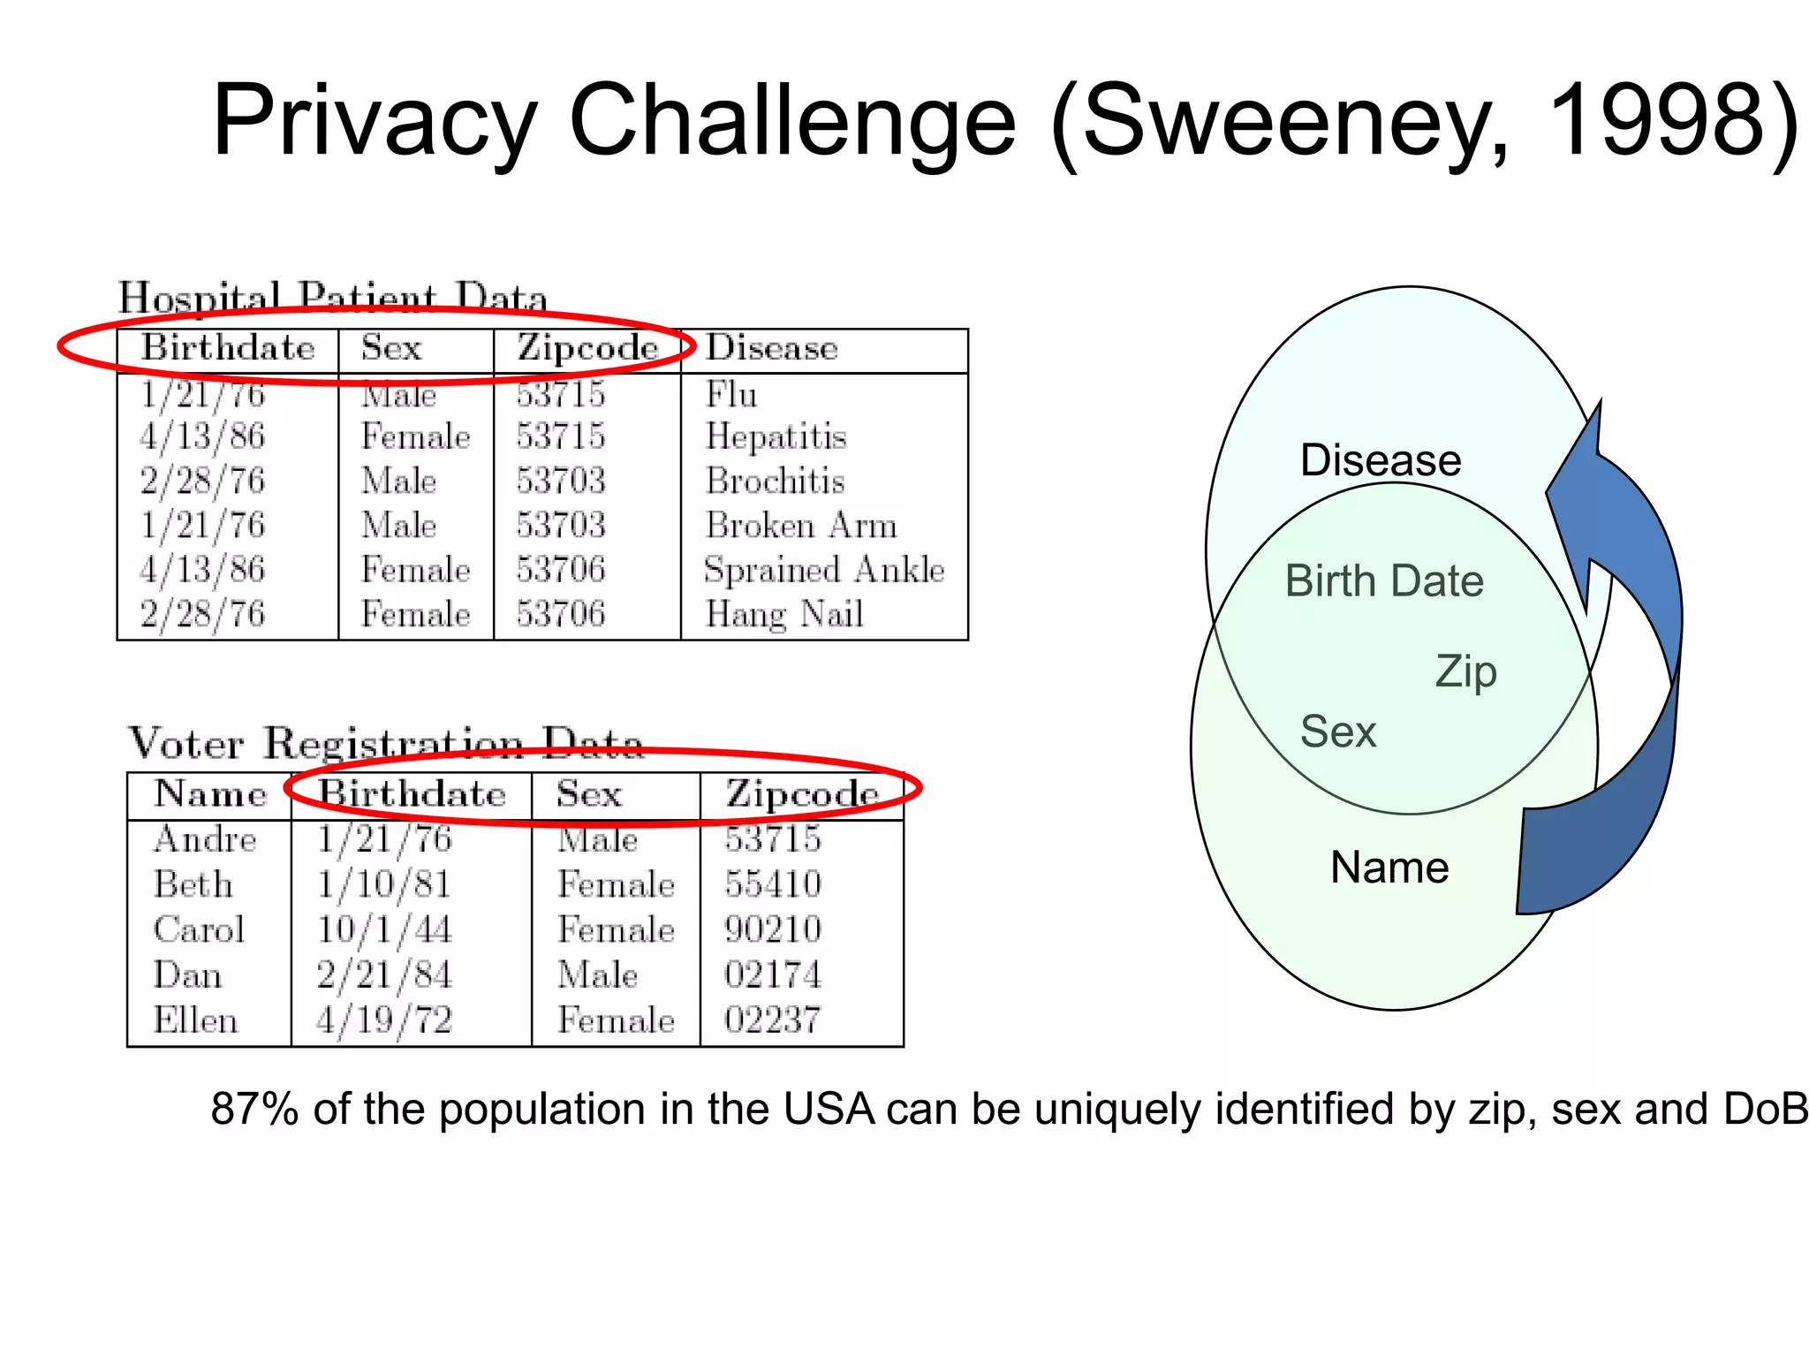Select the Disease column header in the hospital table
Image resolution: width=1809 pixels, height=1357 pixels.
pos(771,348)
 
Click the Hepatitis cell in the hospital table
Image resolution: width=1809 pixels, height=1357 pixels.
pos(776,436)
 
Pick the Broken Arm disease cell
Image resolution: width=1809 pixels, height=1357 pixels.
pos(800,526)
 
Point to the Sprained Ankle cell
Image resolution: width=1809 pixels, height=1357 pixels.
pos(823,570)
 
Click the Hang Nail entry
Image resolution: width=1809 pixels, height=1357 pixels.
pos(783,614)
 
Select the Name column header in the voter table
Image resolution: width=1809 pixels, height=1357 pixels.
pos(210,794)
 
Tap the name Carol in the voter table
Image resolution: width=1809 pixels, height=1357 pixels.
pos(199,929)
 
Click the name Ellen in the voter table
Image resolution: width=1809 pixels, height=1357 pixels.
pos(195,1020)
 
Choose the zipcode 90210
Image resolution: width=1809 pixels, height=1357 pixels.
pos(773,929)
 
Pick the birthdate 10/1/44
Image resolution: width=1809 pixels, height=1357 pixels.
pos(384,929)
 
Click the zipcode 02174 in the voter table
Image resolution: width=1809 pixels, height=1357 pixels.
pos(773,975)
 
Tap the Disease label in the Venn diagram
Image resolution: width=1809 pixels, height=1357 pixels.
pos(1381,460)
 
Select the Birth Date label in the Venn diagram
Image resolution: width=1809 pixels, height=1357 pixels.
pos(1384,581)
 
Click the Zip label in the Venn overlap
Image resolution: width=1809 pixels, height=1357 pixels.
pos(1465,671)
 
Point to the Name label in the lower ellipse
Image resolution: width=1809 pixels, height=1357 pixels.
pos(1389,868)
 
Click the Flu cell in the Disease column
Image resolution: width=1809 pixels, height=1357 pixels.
pos(731,394)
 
